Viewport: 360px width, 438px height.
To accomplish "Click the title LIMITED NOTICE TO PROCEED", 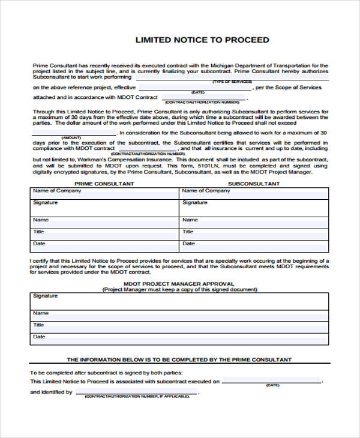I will [x=202, y=40].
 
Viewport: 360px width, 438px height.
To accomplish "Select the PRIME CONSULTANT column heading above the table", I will [x=104, y=184].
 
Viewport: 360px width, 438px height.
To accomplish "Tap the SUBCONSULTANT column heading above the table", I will [x=254, y=184].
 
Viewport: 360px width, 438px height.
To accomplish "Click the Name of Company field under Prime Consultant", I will [x=104, y=193].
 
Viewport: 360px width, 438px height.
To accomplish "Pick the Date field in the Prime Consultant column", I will [x=104, y=246].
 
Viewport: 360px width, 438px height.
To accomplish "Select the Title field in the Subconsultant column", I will [x=254, y=233].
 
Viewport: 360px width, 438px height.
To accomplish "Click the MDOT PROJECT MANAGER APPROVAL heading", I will [x=179, y=283].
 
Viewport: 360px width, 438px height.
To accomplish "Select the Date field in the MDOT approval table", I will [x=179, y=340].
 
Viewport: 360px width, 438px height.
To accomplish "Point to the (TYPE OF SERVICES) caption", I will [x=232, y=81].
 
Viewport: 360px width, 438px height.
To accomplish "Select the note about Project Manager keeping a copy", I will [x=179, y=289].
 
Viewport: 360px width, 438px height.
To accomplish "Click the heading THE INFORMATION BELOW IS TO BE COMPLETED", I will [x=179, y=360].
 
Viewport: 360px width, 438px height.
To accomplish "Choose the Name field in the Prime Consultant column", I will [x=104, y=221].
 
